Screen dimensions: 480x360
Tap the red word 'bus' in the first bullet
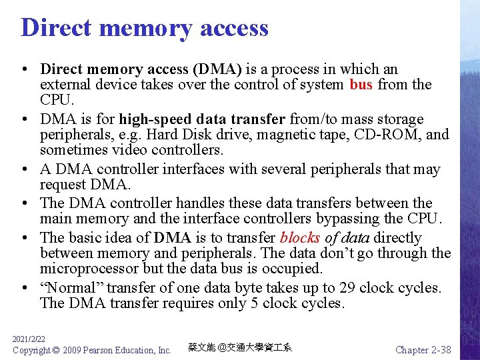coord(361,85)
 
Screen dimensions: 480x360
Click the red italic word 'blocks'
coord(301,237)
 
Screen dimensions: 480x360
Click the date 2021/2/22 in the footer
coord(29,339)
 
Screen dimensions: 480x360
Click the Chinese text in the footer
coord(240,348)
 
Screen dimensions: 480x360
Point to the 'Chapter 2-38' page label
coord(423,350)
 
